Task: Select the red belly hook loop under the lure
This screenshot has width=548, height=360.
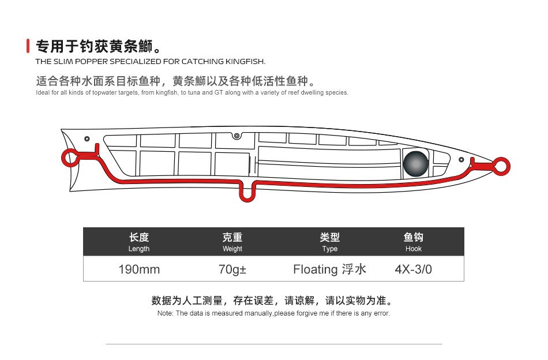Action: click(x=247, y=193)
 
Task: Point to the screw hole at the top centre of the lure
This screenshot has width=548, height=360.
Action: click(x=236, y=136)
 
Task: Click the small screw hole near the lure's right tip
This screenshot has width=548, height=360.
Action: click(x=460, y=159)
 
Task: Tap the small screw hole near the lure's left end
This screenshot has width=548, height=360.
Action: click(x=87, y=139)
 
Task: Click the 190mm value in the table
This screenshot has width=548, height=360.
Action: click(x=139, y=269)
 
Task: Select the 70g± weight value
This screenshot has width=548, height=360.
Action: click(x=232, y=269)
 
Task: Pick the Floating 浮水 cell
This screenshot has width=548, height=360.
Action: click(x=329, y=269)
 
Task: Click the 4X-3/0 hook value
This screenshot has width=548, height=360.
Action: click(x=413, y=269)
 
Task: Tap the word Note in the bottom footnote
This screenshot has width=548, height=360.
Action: click(x=165, y=313)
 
